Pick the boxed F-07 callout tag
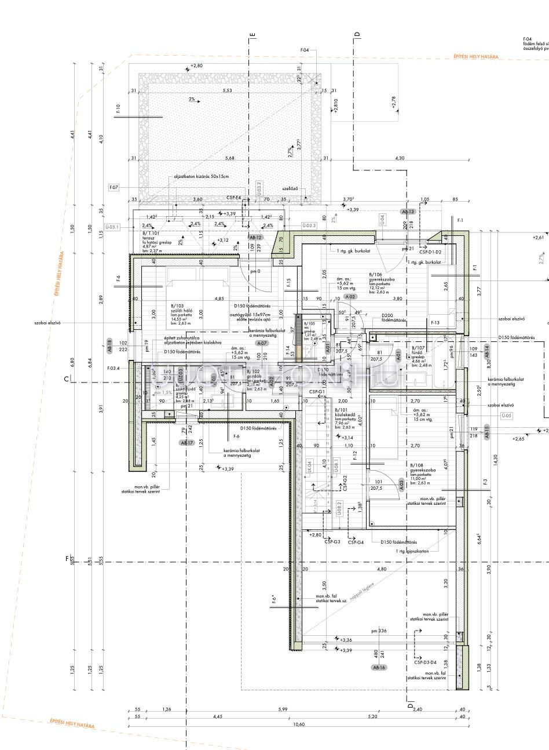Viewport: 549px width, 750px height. click(114, 187)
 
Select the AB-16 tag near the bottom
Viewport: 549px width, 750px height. click(379, 668)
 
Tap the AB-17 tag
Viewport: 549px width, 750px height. click(186, 443)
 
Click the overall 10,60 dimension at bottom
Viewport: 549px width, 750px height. click(299, 724)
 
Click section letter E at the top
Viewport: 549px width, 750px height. click(252, 35)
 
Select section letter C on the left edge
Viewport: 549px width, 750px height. click(67, 380)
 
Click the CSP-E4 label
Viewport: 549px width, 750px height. click(234, 198)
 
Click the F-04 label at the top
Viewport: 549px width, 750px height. click(305, 50)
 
